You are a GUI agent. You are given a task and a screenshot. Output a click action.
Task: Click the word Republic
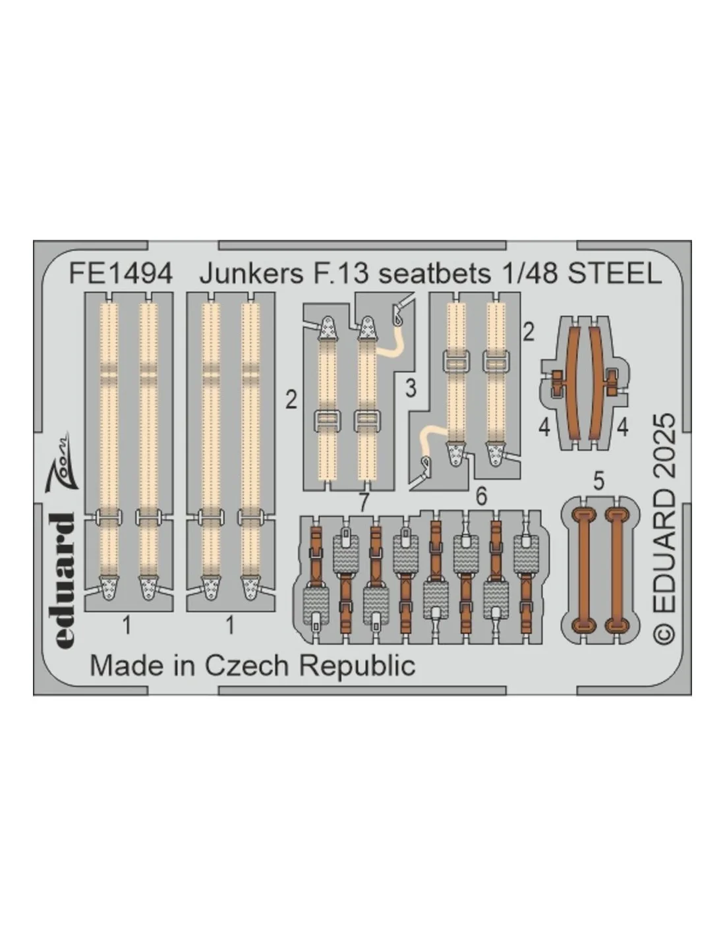(x=357, y=667)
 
